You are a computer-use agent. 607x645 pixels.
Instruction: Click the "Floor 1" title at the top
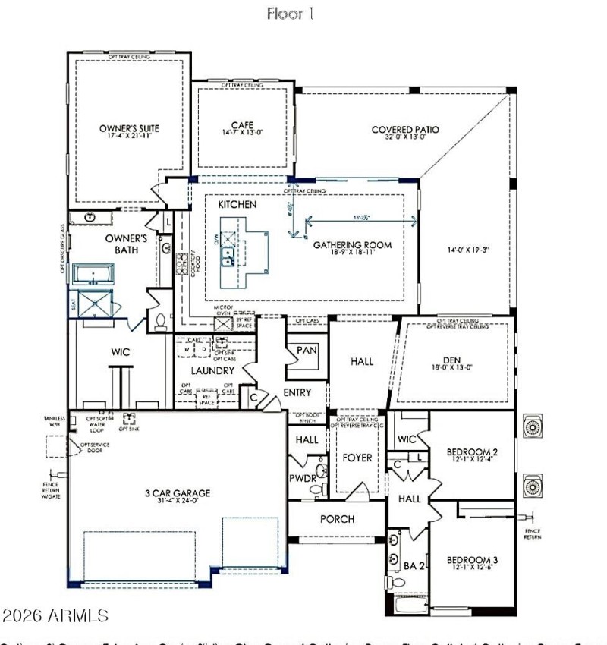tap(290, 14)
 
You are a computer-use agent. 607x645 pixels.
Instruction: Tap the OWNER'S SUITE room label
tap(129, 128)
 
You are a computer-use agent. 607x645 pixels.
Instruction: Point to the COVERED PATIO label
tap(405, 130)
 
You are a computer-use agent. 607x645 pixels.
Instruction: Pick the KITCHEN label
tap(237, 205)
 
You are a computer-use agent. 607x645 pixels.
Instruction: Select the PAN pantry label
tap(307, 350)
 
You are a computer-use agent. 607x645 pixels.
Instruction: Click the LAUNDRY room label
tap(212, 371)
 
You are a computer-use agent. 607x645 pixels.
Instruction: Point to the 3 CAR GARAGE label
tap(177, 493)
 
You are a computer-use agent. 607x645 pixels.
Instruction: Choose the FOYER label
tap(357, 458)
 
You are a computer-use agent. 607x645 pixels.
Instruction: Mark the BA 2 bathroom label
tap(410, 565)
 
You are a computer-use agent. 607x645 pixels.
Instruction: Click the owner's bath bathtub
tap(93, 274)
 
